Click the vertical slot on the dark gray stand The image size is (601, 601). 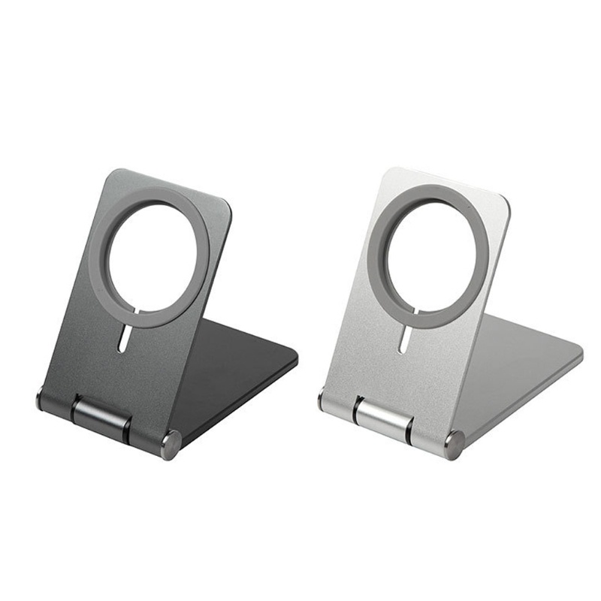click(x=122, y=339)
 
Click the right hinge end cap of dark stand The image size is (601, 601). click(x=171, y=445)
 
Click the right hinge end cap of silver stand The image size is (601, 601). click(x=455, y=445)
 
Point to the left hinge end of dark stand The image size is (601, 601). click(x=41, y=399)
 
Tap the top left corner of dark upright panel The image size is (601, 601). click(x=110, y=174)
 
